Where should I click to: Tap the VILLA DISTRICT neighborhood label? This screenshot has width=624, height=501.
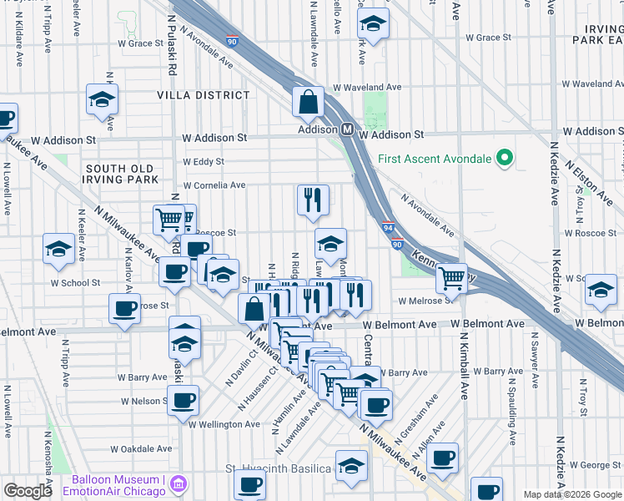point(204,96)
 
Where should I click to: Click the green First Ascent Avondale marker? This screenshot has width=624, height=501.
point(504,158)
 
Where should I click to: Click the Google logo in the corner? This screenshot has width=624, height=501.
point(28,491)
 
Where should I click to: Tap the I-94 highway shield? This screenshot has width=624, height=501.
point(389,226)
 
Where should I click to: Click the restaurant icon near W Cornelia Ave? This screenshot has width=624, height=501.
point(313,200)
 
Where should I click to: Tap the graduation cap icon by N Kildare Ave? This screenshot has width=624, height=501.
point(102,99)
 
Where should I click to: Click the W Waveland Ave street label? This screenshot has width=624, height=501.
point(367,87)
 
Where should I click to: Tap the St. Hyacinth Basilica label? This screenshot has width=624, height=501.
point(279,468)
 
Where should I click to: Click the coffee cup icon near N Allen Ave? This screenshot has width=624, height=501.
point(443,457)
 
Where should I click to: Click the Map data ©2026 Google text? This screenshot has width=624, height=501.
point(571,494)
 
